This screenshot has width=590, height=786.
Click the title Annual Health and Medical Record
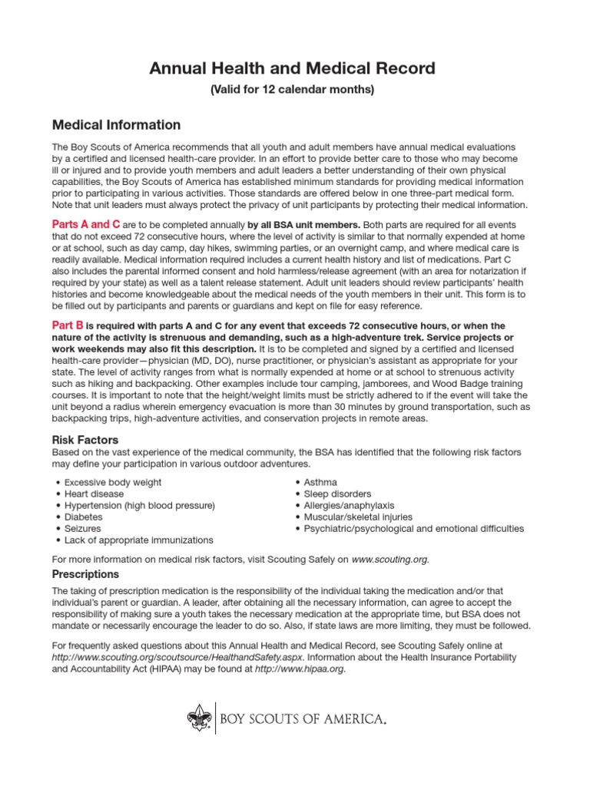click(292, 69)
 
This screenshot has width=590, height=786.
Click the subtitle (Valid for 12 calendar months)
click(292, 91)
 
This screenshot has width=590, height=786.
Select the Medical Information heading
click(116, 125)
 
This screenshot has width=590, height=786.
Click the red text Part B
click(67, 325)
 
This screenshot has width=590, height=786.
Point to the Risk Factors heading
click(85, 440)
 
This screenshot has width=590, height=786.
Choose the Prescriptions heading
click(85, 574)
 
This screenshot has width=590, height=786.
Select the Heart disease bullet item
click(94, 494)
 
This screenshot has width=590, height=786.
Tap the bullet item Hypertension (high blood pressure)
click(139, 505)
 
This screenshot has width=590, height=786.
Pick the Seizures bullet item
click(83, 529)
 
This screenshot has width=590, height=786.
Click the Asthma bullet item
click(320, 482)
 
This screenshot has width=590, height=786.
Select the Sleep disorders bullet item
click(337, 494)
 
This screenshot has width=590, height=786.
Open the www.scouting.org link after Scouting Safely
click(389, 560)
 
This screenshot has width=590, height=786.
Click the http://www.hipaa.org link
click(300, 669)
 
